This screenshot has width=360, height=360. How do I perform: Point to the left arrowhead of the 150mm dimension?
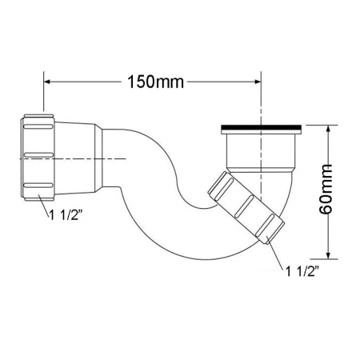47,81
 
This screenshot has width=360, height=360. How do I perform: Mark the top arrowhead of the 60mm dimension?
327,128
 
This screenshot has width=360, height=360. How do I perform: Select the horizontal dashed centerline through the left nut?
112,159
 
